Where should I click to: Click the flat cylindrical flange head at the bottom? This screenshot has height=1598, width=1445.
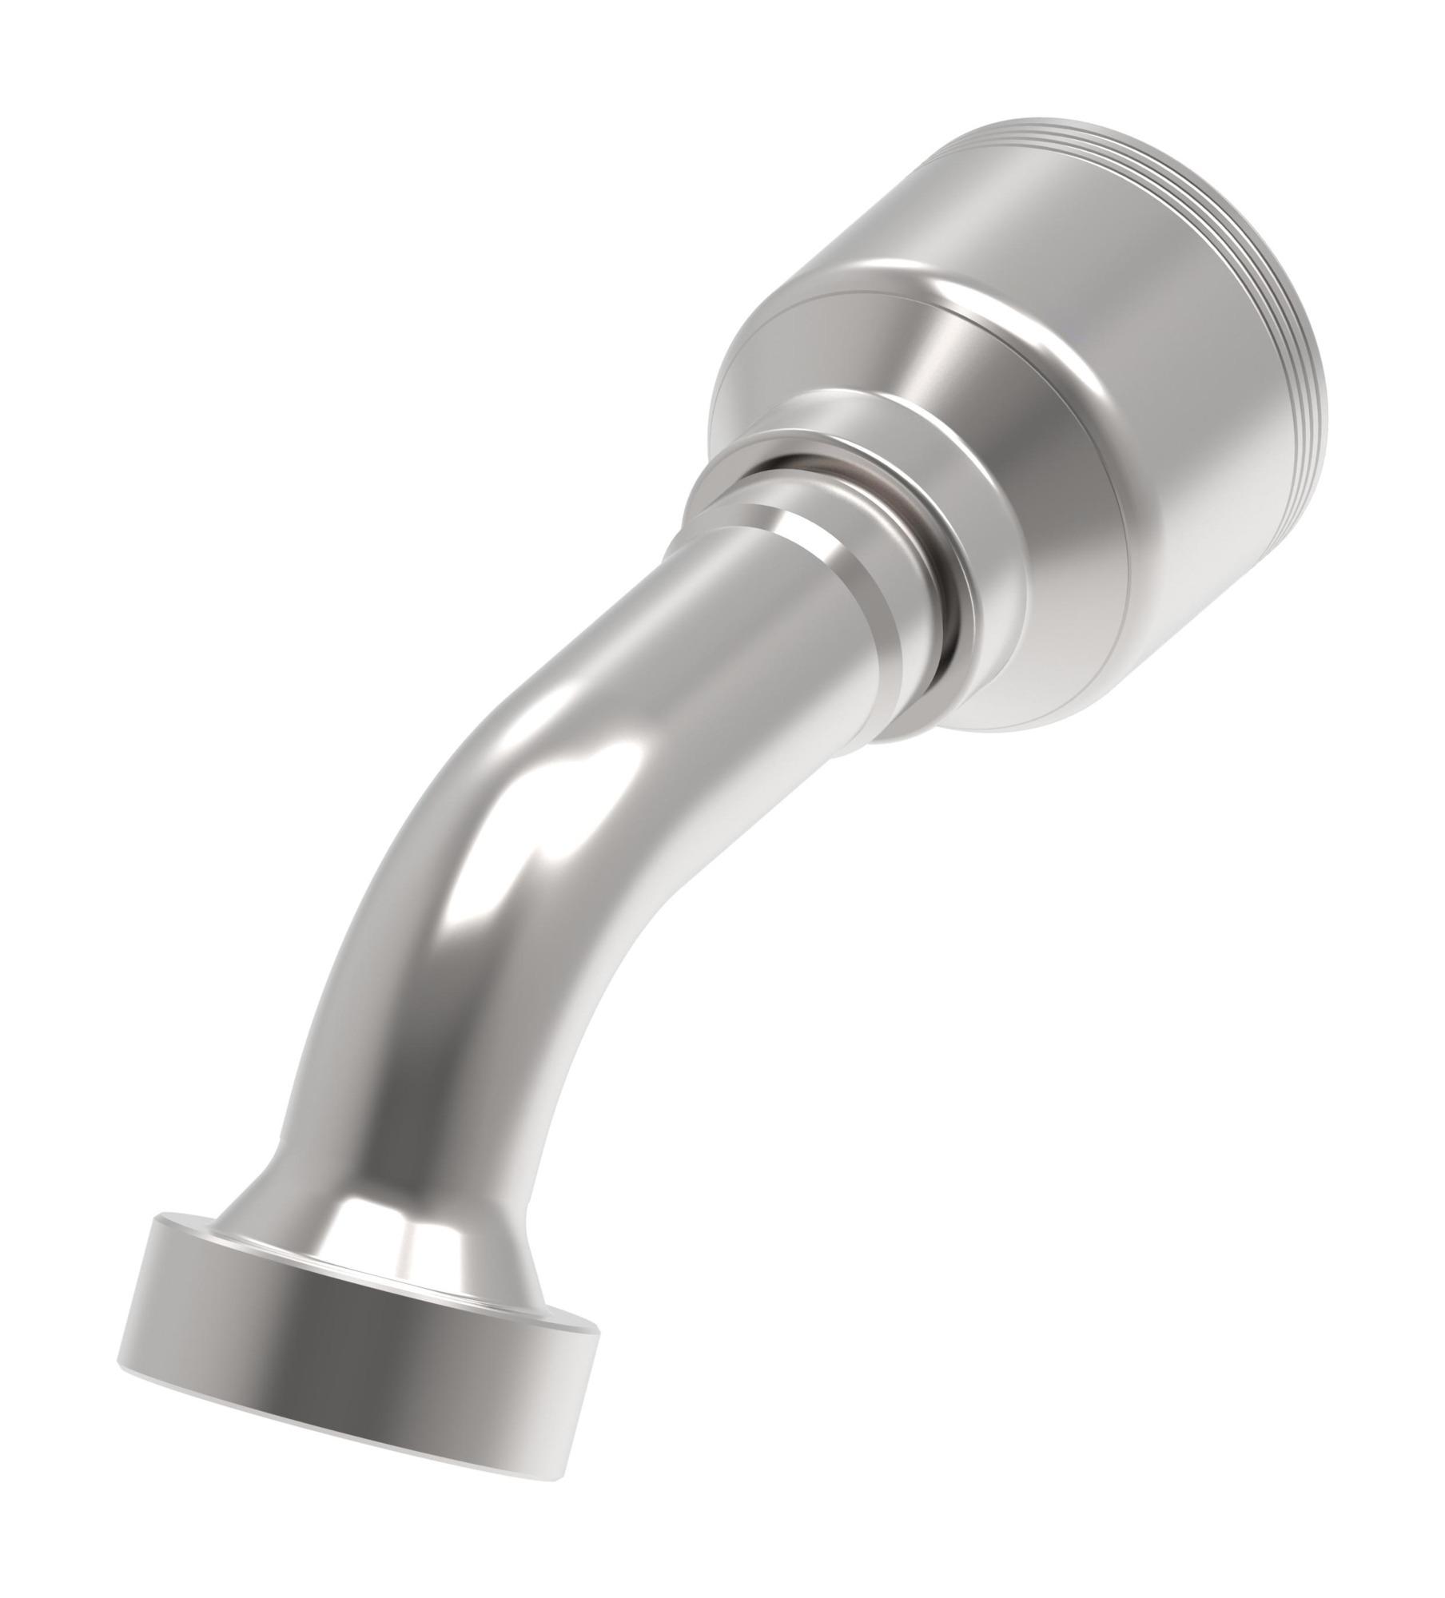click(x=352, y=1350)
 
